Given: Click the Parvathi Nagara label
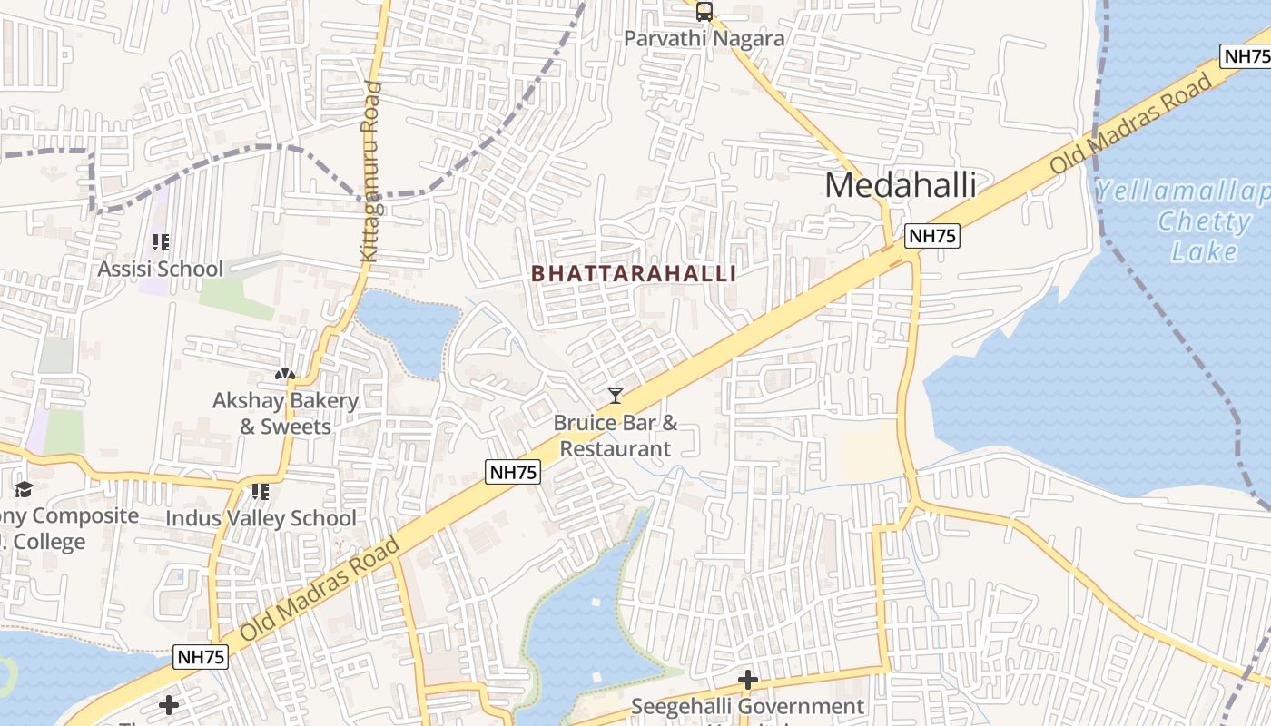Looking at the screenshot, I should pos(704,39).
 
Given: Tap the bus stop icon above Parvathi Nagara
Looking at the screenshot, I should pos(704,12).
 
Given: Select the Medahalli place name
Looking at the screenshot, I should pos(901,185).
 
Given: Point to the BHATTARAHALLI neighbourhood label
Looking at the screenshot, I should pos(634,273).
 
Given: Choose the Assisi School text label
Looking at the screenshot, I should pos(161,269).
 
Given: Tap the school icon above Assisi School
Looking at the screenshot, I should pos(161,242).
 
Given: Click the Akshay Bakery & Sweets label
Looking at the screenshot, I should pos(286,413).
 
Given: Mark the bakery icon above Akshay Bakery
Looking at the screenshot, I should pos(285,373).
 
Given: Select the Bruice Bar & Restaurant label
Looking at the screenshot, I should pos(616,436).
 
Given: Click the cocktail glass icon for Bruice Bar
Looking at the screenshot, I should pos(616,395).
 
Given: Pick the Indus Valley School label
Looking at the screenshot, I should pos(261,518).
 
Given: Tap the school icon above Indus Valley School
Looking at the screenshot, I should pos(261,492).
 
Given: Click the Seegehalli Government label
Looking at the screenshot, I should pos(748,706).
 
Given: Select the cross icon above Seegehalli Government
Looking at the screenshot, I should pos(748,680).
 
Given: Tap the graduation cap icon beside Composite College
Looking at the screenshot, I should pos(23,490).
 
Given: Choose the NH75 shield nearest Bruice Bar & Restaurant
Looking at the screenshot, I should pos(513,472).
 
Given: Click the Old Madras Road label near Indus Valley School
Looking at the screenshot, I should pos(320,589).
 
